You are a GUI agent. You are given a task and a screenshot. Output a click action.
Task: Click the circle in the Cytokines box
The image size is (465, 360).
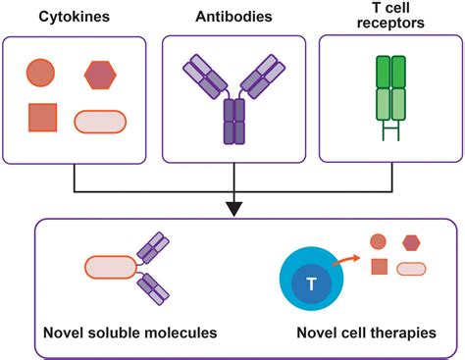tap(41, 73)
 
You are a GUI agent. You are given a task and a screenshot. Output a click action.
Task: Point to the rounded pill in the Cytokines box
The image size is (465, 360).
tap(101, 121)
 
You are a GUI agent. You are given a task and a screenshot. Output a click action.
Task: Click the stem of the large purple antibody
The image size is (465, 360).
tap(232, 124)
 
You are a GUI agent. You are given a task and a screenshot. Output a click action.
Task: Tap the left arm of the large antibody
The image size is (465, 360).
tap(203, 77)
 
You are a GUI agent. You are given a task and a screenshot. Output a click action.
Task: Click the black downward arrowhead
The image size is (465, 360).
tap(232, 207)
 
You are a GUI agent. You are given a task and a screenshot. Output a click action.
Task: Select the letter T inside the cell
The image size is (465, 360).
tap(310, 284)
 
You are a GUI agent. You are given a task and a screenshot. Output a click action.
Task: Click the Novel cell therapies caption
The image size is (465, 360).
tap(369, 334)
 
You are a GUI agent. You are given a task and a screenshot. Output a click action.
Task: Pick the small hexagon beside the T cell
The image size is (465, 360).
tap(412, 242)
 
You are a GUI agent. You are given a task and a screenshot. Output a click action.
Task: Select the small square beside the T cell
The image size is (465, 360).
tap(378, 267)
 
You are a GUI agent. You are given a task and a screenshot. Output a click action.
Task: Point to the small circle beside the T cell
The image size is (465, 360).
tap(378, 241)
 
